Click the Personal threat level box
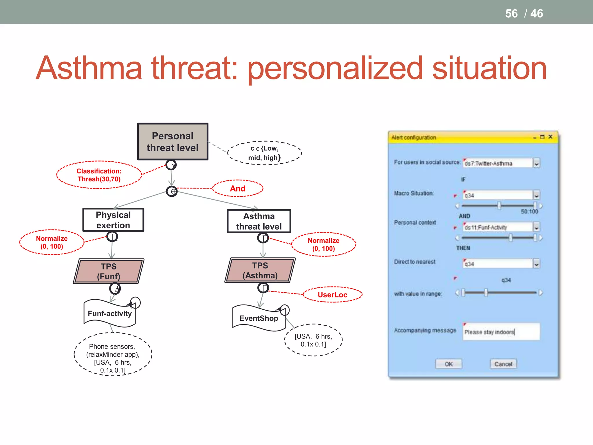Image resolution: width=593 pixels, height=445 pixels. pos(173,142)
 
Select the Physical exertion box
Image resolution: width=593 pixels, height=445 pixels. pos(113,220)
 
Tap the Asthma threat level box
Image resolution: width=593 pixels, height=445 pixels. pos(259,221)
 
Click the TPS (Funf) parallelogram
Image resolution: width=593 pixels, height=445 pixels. pos(109,271)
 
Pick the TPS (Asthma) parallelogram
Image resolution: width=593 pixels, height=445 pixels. pos(260,270)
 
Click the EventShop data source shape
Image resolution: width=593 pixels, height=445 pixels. pos(259,318)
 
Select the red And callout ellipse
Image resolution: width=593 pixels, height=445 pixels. pos(238,189)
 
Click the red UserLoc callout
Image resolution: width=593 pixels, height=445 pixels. pos(332,295)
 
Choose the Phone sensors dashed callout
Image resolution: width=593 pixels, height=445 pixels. pos(113,355)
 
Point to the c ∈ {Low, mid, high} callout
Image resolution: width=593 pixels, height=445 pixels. pos(264,153)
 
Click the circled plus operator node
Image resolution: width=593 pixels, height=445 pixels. pos(172,192)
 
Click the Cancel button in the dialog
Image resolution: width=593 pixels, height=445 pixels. pos(503,364)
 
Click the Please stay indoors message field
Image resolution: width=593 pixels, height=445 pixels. pos(501,332)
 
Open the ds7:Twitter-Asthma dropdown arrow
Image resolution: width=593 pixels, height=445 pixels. pos(536,163)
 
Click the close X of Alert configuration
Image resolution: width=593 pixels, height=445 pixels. pos(550,137)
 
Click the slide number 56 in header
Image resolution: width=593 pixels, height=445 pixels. pos(511,14)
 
